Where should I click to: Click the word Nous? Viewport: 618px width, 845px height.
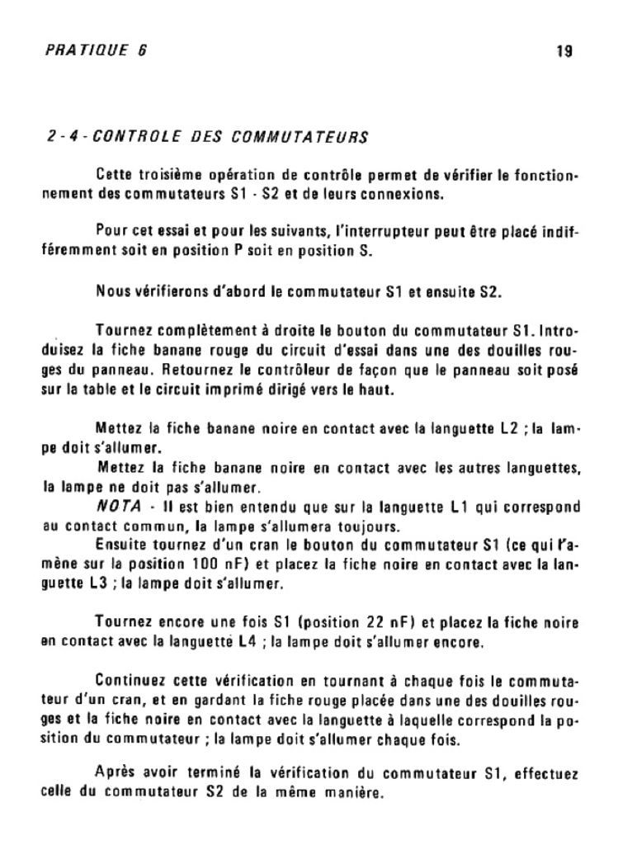[112, 291]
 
